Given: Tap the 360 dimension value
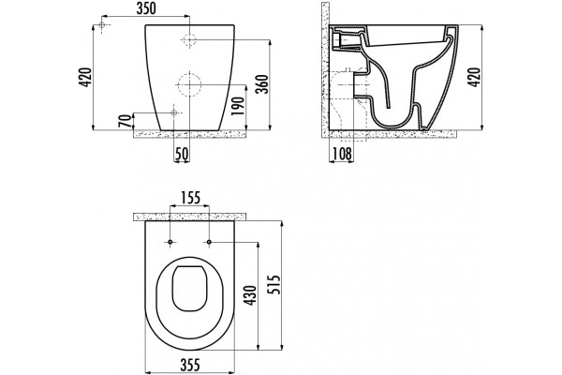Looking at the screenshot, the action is pos(262,84).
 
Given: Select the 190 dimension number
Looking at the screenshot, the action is pos(238,106).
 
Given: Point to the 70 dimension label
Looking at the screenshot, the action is pos(125,121).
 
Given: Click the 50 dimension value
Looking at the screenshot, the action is pos(182,154).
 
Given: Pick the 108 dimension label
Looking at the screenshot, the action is pos(342,154).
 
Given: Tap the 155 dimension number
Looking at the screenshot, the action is pos(190,198).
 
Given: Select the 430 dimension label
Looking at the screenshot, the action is pos(250,295).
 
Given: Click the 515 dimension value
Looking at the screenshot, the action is pos(274,284).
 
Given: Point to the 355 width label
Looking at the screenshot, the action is pos(189,365).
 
